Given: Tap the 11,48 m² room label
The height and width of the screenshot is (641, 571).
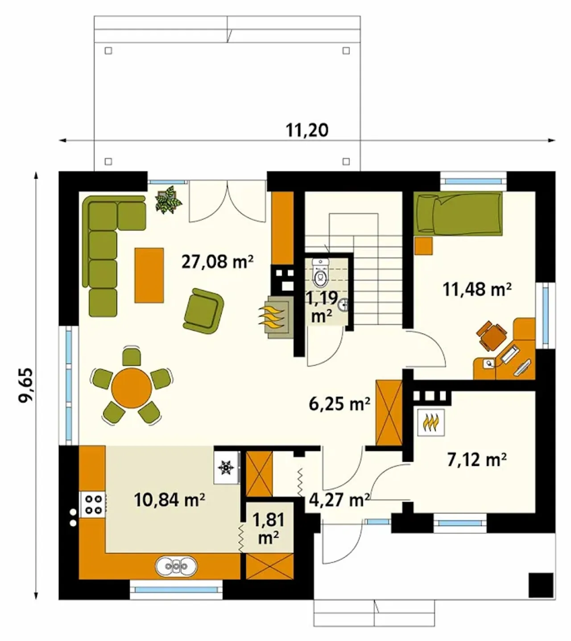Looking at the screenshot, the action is click(477, 289).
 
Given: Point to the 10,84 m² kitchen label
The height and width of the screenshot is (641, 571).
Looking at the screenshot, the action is click(170, 500).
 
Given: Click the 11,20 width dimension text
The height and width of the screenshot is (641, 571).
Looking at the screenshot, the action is click(307, 131).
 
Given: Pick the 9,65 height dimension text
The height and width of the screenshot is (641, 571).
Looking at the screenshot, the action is click(26, 385).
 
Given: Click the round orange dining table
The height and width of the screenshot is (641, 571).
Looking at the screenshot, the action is click(132, 388).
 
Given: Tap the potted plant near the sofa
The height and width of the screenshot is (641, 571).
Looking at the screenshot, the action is click(168, 199).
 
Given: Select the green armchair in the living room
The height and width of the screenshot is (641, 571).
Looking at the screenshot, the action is click(203, 311).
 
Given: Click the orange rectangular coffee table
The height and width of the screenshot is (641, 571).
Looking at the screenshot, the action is click(149, 275).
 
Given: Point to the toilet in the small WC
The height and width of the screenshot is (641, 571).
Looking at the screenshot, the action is click(321, 273).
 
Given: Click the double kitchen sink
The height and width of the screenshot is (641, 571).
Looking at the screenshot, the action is click(176, 566).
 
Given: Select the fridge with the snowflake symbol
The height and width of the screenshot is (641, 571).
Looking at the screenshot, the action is click(227, 467).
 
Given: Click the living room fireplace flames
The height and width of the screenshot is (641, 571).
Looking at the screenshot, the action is click(271, 316).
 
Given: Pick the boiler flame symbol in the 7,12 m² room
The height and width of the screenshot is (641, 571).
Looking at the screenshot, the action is click(430, 423).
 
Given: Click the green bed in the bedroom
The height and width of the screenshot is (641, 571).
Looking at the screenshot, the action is click(458, 214).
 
